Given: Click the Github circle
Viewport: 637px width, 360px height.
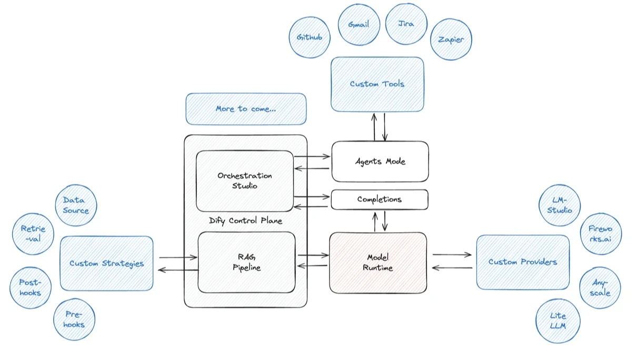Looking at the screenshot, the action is [310, 37].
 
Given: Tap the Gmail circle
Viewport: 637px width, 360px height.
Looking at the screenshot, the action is [359, 24].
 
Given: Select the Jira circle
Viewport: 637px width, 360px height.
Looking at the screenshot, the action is [406, 24].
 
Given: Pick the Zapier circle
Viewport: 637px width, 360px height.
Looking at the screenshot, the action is [451, 39].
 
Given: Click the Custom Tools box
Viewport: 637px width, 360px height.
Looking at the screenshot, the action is [377, 84].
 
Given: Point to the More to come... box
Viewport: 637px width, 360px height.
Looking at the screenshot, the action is [246, 109].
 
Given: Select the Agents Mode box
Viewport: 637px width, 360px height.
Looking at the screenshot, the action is [380, 162].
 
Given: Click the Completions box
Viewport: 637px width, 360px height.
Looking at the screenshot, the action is [380, 199].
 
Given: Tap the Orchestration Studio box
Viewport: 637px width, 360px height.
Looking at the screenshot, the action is [245, 181].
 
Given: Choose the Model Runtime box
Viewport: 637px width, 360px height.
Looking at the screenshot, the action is [378, 263].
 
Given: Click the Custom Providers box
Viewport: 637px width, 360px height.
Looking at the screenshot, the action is [523, 262].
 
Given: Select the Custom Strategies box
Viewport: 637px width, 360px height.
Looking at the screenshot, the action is [107, 263].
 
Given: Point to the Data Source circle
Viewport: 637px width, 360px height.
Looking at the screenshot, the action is [76, 205].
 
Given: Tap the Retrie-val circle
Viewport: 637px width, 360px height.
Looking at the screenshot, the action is [33, 234].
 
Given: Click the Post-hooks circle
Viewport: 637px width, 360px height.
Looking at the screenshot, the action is [31, 287].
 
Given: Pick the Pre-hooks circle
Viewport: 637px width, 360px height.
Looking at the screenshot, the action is [74, 319].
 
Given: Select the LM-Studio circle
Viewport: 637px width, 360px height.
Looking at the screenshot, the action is [560, 205].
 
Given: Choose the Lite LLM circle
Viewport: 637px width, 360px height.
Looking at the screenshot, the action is [558, 321].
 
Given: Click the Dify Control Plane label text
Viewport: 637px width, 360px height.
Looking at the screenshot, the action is [246, 221].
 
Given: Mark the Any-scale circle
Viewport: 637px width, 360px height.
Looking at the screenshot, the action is [600, 288].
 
